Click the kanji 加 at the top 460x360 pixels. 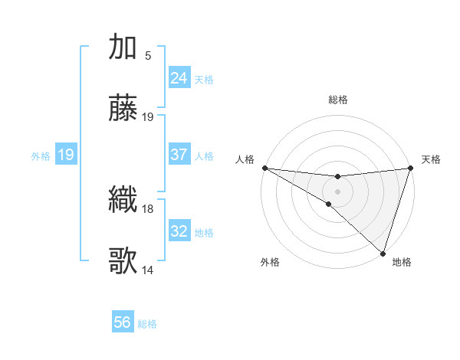point(123,47)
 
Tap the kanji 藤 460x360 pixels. point(123,110)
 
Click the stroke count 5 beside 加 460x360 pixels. point(148,55)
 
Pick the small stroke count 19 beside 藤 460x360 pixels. point(148,117)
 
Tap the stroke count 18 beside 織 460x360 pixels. point(148,208)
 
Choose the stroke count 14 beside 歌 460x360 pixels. point(148,270)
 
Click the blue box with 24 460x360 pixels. point(179,78)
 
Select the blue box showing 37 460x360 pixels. point(179,155)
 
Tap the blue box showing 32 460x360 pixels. point(179,231)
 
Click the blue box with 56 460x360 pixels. point(122,322)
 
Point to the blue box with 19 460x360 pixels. point(65,155)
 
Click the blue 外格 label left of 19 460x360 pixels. point(41,155)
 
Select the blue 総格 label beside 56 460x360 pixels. point(147,324)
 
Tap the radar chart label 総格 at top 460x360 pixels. point(337,100)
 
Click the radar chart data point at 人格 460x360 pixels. point(264,168)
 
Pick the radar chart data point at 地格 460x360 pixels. point(383,253)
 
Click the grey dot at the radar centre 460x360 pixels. point(337,191)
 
